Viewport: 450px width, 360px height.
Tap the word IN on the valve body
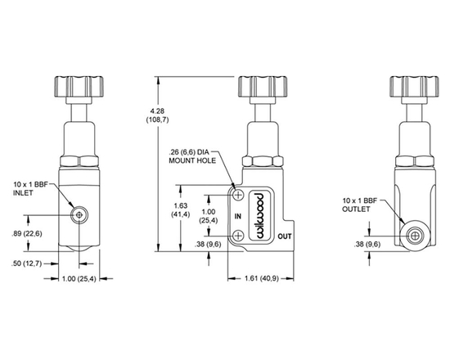point(238,216)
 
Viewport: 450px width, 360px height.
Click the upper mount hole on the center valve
point(238,195)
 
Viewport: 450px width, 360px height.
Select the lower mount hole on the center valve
point(238,236)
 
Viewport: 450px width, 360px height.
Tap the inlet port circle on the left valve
point(79,215)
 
